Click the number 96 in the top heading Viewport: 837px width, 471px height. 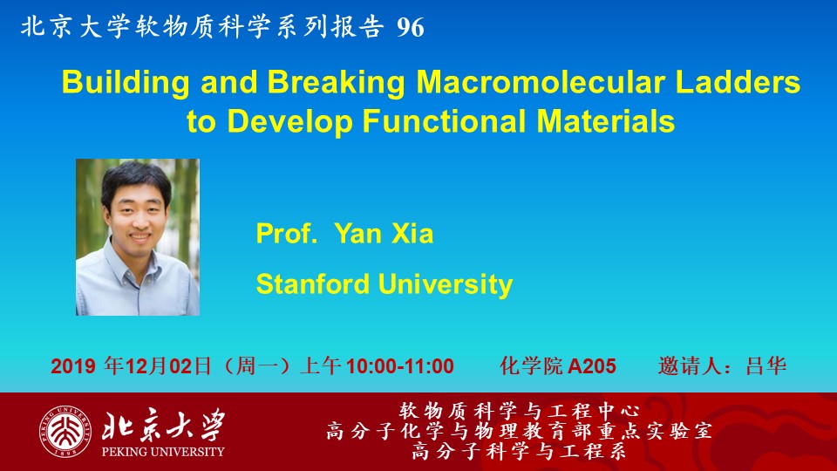click(x=411, y=27)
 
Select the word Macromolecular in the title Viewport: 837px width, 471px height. click(x=541, y=82)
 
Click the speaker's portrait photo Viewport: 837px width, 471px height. click(x=138, y=237)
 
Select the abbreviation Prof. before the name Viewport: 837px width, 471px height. click(x=287, y=234)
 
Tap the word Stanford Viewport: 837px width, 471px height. click(x=313, y=283)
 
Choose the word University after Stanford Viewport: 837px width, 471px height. click(x=446, y=284)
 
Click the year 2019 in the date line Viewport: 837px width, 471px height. click(x=73, y=366)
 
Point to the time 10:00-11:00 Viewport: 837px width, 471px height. click(x=400, y=366)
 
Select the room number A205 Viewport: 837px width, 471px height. click(x=592, y=366)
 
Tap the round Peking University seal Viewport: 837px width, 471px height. click(x=65, y=432)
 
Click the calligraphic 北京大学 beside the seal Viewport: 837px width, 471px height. click(x=164, y=426)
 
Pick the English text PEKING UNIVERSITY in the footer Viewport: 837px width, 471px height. click(x=163, y=452)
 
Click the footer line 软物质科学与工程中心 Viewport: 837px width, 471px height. click(x=519, y=411)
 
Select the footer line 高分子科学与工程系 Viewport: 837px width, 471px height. click(x=519, y=452)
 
